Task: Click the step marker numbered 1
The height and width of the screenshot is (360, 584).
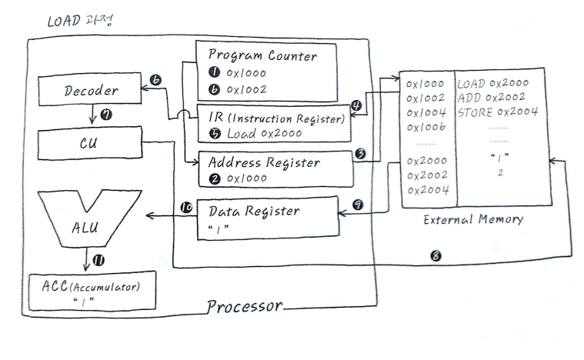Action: (x=213, y=73)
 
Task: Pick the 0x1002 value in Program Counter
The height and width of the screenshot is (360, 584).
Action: (x=249, y=90)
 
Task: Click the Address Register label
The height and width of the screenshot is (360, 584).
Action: (x=264, y=162)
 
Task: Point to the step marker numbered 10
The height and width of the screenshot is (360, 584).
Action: (x=185, y=208)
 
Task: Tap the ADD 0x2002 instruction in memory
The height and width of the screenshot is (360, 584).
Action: (x=491, y=98)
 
